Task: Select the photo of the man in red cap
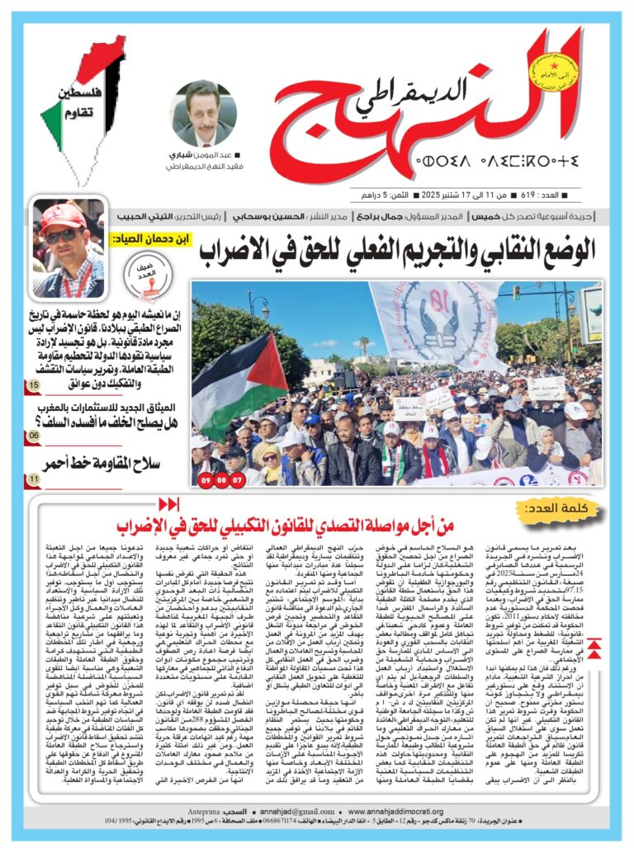pos(69,248)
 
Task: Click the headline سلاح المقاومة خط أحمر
pos(111,464)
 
